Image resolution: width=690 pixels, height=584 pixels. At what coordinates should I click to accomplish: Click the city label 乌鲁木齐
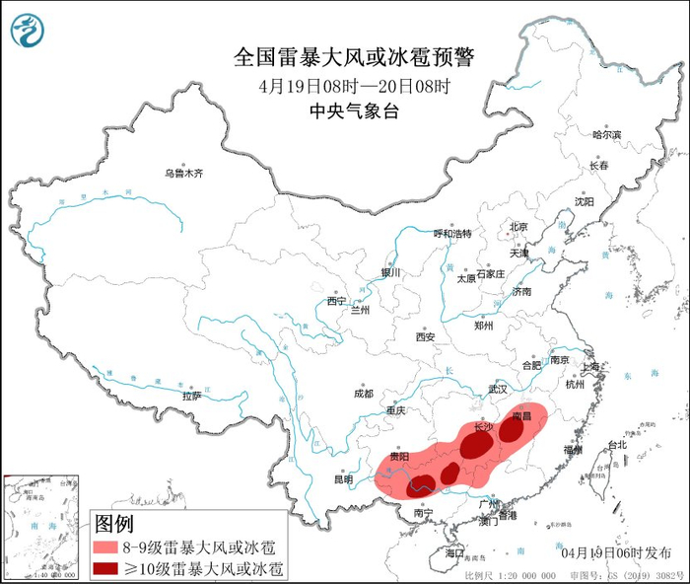point(183,174)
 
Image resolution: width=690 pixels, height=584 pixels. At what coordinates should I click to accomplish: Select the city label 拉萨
point(191,395)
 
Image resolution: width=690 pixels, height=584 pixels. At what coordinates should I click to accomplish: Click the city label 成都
point(363,393)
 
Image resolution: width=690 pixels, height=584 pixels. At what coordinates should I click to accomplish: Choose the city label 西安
point(425,336)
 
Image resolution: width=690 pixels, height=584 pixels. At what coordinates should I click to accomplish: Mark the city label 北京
point(518,227)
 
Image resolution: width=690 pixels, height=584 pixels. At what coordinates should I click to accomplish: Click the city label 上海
point(591,366)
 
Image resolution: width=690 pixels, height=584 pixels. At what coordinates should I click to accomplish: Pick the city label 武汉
point(496,390)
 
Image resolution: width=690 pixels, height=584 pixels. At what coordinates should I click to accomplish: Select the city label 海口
point(454,554)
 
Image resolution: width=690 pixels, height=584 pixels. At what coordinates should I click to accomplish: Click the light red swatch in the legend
point(104,547)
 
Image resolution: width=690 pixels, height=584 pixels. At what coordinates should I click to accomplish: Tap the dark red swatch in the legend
point(104,568)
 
